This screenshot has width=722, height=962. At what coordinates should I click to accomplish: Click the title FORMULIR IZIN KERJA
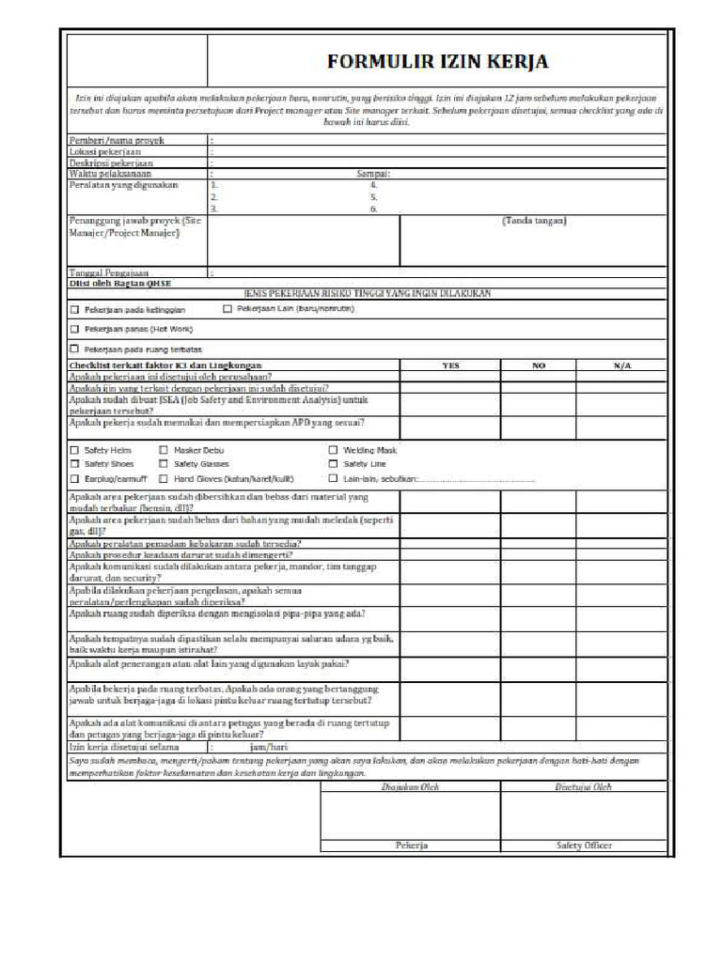pos(437,62)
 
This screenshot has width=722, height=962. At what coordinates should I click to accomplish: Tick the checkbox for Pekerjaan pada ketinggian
pos(75,309)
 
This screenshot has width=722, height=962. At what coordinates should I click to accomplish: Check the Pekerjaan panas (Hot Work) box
pos(75,329)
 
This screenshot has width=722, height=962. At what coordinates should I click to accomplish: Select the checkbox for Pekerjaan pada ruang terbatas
pos(75,349)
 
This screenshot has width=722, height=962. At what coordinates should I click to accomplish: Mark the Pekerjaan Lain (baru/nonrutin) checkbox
pos(228,308)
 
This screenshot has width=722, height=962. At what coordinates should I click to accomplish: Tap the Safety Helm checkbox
pos(75,451)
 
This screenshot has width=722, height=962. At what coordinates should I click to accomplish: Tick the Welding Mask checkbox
pos(334,451)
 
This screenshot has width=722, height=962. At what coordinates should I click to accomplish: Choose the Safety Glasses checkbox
pos(165,464)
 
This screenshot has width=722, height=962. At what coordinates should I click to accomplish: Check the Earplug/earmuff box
pos(75,478)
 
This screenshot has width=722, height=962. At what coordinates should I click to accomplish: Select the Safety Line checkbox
pos(334,464)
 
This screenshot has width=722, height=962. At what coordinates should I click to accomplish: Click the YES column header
pos(451,365)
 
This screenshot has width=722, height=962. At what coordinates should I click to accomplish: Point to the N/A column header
pos(622,365)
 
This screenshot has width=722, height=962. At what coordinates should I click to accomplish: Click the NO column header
pos(539,365)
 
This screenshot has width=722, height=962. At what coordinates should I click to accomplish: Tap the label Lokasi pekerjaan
pos(105,150)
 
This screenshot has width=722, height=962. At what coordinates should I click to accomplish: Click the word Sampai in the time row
pos(373,174)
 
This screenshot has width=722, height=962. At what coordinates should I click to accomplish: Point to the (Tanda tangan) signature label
pos(534,222)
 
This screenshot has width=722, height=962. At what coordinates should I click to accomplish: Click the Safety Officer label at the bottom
pos(584,846)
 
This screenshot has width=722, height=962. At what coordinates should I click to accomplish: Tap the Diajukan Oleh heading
pos(411,787)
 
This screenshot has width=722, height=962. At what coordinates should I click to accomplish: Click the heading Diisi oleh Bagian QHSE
pos(121,283)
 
